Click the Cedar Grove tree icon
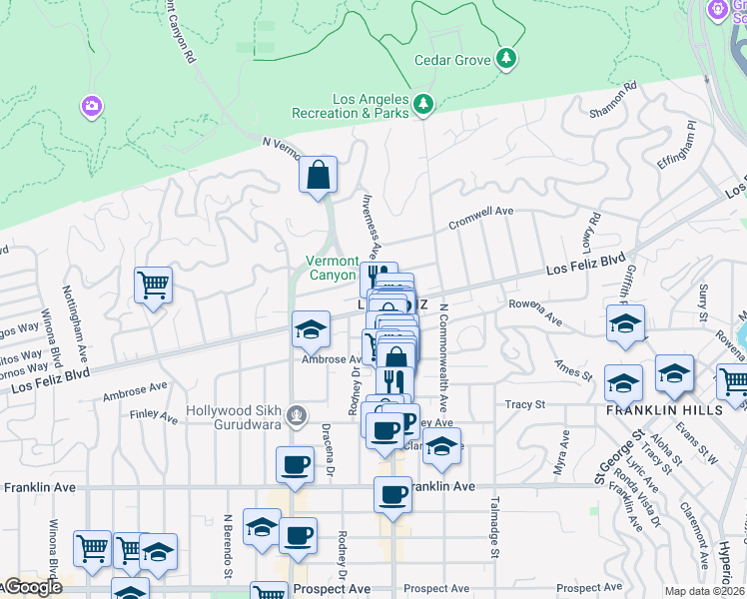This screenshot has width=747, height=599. [507, 60]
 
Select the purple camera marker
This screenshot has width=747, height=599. [92, 105]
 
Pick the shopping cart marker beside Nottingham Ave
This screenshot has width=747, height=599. [153, 286]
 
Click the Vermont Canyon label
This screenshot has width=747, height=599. [331, 268]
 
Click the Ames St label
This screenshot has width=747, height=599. [575, 371]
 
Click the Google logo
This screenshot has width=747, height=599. [32, 588]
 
